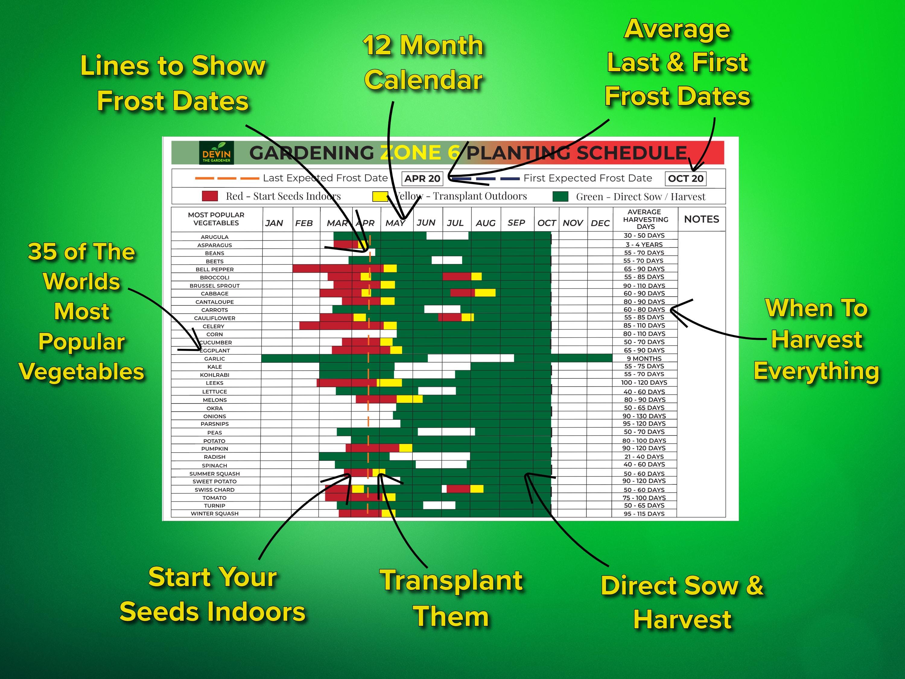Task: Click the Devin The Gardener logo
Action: tap(216, 153)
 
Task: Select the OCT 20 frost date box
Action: tap(685, 178)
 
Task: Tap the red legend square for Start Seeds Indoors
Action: tap(209, 196)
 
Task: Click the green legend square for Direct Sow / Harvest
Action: tap(560, 196)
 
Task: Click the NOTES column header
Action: tap(701, 219)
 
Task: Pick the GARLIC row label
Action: tap(214, 359)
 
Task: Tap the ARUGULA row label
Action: tap(214, 237)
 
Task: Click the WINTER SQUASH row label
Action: tap(214, 514)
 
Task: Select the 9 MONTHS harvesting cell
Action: tap(644, 359)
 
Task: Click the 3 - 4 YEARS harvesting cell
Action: tap(644, 245)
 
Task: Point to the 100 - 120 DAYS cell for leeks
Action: tap(644, 383)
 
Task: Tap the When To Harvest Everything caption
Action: tap(816, 340)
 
